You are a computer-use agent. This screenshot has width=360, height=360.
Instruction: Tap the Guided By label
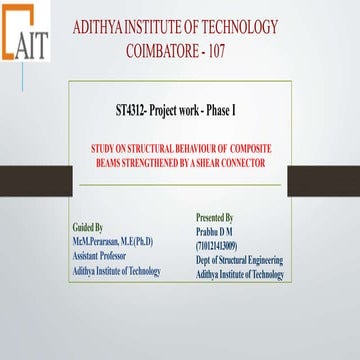[x=88, y=227]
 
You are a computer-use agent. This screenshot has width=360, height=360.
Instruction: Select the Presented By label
[x=215, y=216]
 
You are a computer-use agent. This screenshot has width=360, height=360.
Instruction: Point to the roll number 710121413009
[x=217, y=244]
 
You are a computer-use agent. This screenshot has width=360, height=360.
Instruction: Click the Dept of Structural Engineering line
[x=239, y=260]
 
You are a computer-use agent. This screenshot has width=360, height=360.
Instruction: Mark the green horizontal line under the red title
[x=180, y=185]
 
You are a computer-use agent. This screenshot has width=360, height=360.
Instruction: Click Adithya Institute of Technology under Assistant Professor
[x=116, y=270]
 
